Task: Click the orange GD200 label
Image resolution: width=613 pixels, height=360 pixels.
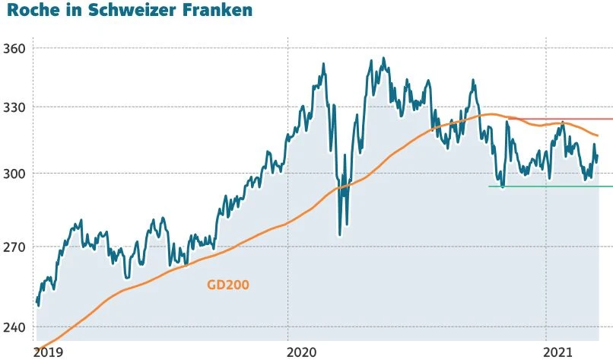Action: (228, 285)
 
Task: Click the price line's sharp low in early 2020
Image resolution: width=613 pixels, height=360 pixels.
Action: (339, 234)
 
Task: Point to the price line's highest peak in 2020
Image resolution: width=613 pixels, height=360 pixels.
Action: (383, 58)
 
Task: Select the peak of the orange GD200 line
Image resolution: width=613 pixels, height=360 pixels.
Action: (491, 114)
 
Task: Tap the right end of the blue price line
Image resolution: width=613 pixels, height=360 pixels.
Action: (598, 157)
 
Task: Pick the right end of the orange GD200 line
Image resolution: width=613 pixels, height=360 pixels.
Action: (598, 135)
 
